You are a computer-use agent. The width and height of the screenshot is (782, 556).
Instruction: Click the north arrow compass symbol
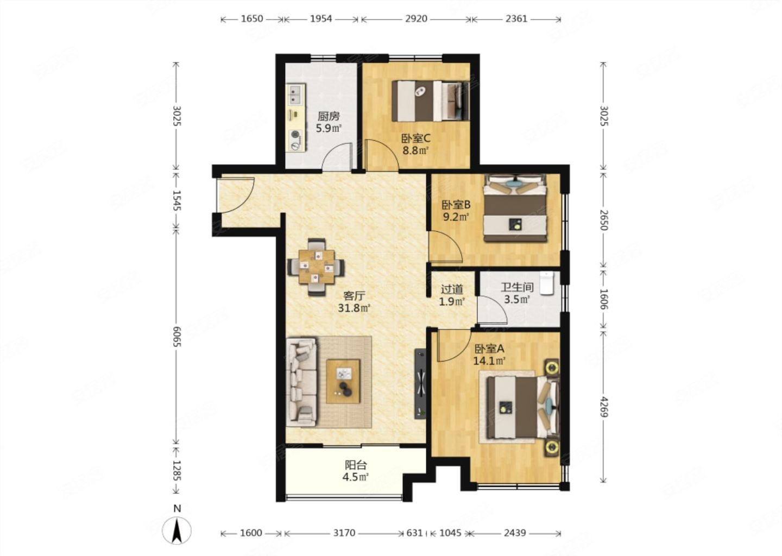pos(176,530)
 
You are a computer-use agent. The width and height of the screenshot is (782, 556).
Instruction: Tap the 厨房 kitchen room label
pos(329,116)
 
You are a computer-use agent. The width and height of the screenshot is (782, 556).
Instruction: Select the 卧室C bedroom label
pos(416,138)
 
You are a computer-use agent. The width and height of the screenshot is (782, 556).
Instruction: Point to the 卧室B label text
pos(456,205)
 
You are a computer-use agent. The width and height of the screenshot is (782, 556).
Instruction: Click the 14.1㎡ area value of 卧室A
pos(489,361)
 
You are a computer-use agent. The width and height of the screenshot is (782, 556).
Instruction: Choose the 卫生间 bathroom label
pos(518,287)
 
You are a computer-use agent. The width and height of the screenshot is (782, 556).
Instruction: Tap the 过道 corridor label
pos(452,289)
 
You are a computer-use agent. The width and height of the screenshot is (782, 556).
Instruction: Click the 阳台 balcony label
pos(356,465)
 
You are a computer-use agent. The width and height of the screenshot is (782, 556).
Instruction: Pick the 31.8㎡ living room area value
pos(354,308)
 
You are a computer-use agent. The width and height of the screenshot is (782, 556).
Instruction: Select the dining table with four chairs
pos(316,267)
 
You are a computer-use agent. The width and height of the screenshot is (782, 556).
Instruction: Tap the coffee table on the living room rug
pos(343,381)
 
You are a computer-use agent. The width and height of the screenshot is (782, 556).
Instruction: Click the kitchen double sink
pos(296,94)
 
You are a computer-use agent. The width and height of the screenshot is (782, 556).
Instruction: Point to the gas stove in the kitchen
pos(296,140)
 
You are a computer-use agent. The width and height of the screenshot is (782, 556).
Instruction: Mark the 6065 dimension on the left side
pos(176,337)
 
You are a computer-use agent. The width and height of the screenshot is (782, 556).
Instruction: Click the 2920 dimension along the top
pos(416,18)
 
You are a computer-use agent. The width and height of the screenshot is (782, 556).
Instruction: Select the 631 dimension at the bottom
pos(414,533)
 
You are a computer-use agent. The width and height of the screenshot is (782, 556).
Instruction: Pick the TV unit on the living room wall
pos(420,384)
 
